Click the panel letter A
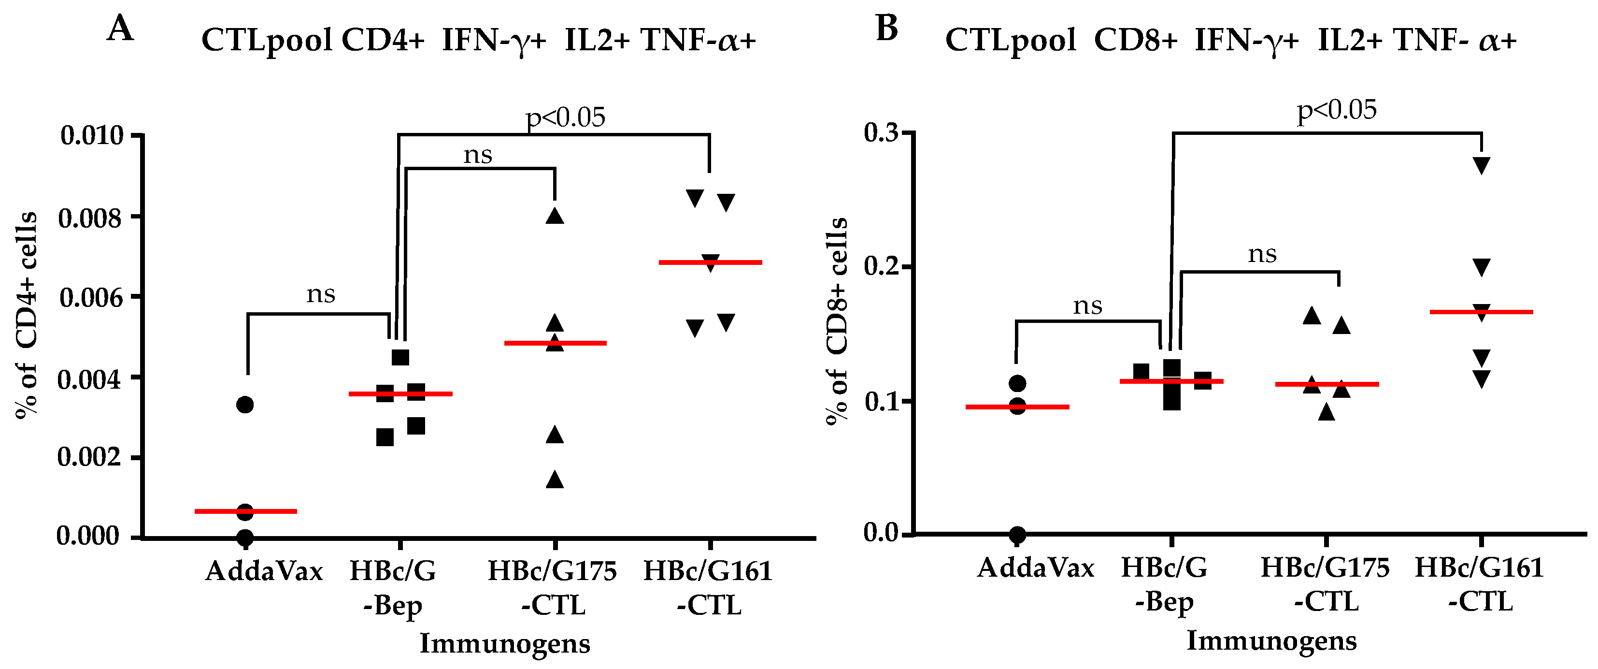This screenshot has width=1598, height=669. tap(120, 29)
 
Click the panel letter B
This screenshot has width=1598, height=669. tap(886, 29)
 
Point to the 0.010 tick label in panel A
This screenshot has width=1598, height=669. tap(92, 135)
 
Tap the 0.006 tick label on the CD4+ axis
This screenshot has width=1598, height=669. tap(91, 298)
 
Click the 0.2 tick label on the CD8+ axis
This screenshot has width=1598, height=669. tap(882, 266)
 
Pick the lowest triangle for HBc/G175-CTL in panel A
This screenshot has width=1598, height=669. tap(555, 480)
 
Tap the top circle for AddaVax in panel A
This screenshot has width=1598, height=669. tap(245, 405)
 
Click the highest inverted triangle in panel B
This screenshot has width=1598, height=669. tap(1482, 165)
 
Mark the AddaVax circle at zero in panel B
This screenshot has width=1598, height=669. tap(1017, 534)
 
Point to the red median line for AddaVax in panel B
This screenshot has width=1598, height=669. tap(1017, 407)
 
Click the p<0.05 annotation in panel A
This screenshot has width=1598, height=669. tap(565, 117)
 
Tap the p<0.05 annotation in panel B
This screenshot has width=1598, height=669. tap(1337, 110)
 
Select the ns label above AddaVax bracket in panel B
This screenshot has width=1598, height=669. tap(1087, 305)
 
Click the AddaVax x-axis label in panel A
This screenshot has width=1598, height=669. tap(264, 571)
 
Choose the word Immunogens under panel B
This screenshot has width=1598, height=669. tap(1272, 640)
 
